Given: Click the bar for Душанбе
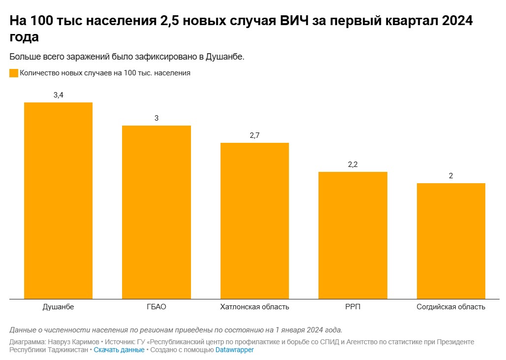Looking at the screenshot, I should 58,200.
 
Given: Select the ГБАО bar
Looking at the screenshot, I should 157,212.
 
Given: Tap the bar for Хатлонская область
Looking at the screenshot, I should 254,220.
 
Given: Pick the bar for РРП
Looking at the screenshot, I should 352,235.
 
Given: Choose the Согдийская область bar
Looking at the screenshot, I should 451,240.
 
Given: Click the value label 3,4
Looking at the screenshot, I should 58,95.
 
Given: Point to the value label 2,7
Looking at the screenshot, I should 254,135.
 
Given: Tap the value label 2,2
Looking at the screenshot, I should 352,164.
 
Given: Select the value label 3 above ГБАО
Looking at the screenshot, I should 157,118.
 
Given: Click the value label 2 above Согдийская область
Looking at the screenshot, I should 451,176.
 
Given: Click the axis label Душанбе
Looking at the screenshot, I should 58,307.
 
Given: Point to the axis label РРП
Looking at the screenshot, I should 352,307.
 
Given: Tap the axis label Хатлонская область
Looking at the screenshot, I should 254,307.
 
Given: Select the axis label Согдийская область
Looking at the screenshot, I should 451,307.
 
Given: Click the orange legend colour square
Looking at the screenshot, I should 14,73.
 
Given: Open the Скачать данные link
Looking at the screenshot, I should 119,350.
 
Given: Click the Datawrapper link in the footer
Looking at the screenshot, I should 234,350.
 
